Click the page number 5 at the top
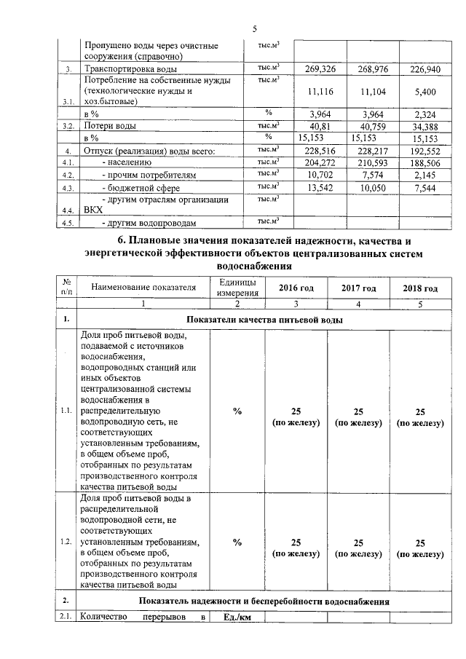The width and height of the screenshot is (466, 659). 255,29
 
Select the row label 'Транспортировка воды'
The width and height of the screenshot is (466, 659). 125,69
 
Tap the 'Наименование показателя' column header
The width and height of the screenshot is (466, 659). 144,288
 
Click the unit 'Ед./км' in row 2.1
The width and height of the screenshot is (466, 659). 237,618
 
